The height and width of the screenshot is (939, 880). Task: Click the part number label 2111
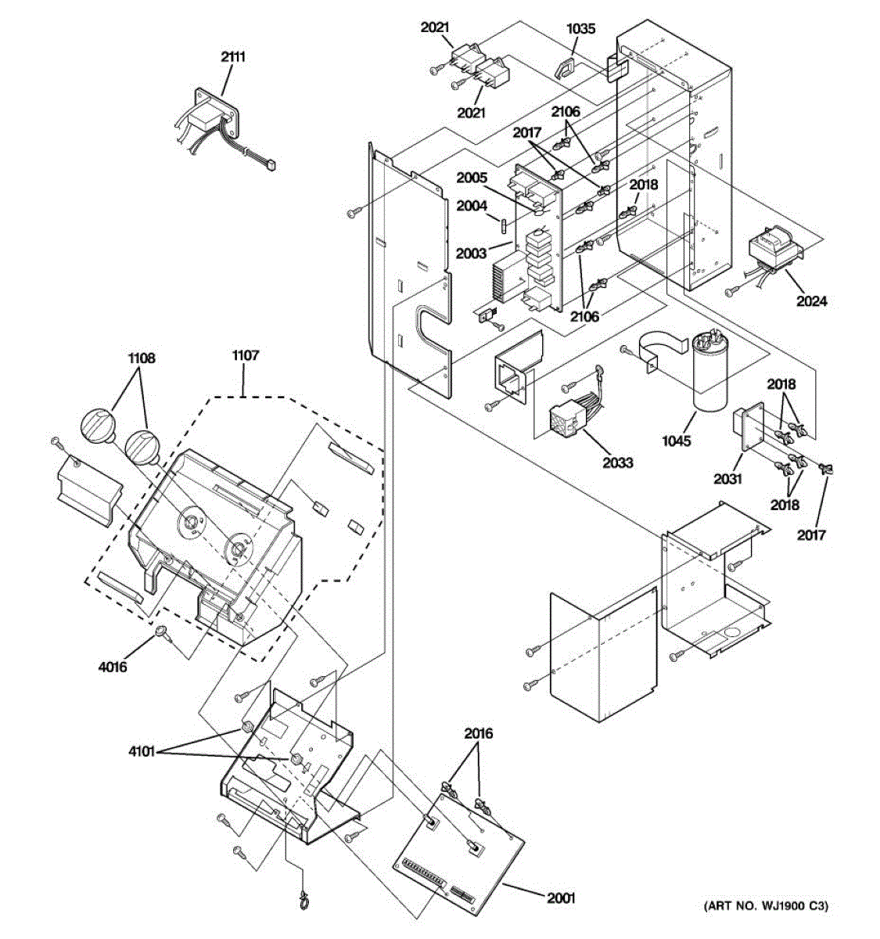pyautogui.click(x=232, y=56)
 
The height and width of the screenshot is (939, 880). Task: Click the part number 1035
pyautogui.click(x=580, y=29)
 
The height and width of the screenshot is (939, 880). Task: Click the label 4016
pyautogui.click(x=113, y=667)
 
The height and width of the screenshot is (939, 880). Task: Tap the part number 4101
pyautogui.click(x=143, y=753)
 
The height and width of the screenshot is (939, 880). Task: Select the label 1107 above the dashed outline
pyautogui.click(x=245, y=355)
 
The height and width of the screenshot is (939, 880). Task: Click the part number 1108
pyautogui.click(x=142, y=358)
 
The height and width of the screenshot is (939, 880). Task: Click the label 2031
pyautogui.click(x=727, y=478)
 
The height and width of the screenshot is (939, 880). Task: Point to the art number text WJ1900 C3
pyautogui.click(x=765, y=906)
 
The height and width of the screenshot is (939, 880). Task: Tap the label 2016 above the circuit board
pyautogui.click(x=478, y=733)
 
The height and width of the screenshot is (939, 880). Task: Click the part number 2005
pyautogui.click(x=473, y=178)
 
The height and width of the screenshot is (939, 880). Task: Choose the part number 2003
pyautogui.click(x=472, y=253)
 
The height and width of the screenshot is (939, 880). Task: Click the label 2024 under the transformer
pyautogui.click(x=811, y=300)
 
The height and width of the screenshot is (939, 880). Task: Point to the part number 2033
pyautogui.click(x=617, y=462)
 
